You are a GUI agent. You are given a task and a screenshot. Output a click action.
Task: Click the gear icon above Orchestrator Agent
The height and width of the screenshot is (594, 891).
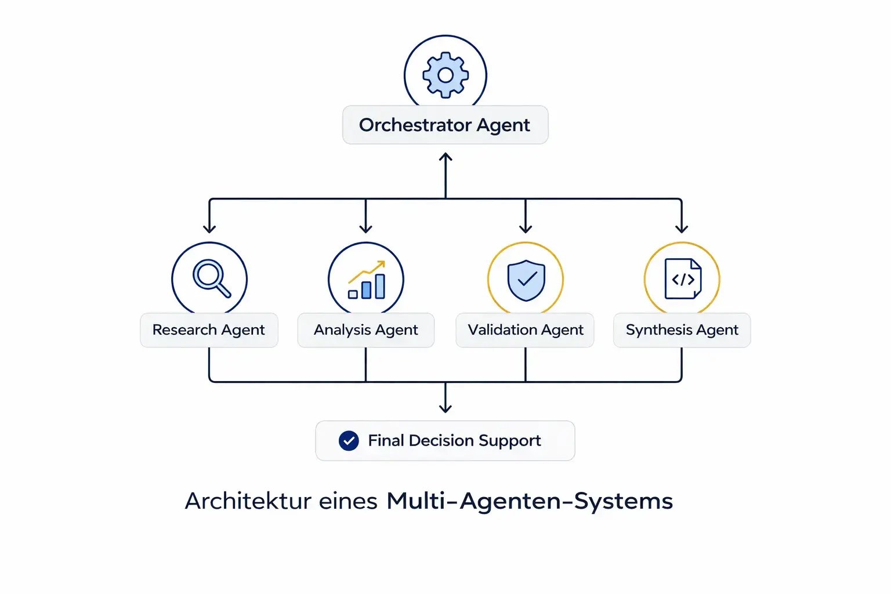tap(445, 75)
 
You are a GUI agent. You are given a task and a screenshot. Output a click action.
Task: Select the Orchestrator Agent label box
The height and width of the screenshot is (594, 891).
tap(445, 125)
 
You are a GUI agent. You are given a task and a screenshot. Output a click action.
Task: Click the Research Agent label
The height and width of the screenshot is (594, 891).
tap(209, 330)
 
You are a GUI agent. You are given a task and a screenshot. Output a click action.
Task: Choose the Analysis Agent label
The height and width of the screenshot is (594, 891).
tap(365, 330)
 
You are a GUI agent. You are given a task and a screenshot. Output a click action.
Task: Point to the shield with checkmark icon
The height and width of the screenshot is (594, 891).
tap(526, 280)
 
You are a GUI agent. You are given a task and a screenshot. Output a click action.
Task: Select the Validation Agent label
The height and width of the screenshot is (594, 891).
tap(525, 330)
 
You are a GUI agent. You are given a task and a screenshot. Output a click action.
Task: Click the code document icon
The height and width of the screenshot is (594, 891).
tap(683, 279)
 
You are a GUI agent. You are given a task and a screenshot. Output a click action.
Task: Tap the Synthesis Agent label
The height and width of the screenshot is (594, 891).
tap(682, 330)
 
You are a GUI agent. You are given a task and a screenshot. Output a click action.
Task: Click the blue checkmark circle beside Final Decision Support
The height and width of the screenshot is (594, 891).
tap(349, 441)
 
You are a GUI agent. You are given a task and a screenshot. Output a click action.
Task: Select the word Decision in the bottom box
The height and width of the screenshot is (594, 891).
tap(441, 441)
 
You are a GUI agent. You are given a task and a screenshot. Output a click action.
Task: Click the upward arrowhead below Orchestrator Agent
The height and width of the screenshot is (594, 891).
tap(445, 157)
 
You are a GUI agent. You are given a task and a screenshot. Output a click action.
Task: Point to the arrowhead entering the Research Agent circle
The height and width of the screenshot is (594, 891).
tap(209, 229)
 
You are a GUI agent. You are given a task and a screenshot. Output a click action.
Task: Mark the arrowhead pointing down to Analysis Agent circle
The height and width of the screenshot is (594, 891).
tap(365, 229)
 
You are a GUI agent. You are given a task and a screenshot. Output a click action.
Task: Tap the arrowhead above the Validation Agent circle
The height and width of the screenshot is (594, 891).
tap(526, 229)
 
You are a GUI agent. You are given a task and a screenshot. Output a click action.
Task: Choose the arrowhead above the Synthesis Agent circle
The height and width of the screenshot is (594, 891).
tap(682, 229)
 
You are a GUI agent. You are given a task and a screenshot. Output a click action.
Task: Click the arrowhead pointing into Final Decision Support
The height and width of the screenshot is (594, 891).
tap(445, 408)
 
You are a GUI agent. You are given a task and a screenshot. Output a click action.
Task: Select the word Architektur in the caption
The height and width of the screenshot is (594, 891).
tap(248, 501)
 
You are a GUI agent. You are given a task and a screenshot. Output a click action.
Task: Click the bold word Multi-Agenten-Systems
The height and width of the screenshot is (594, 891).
tap(529, 501)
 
